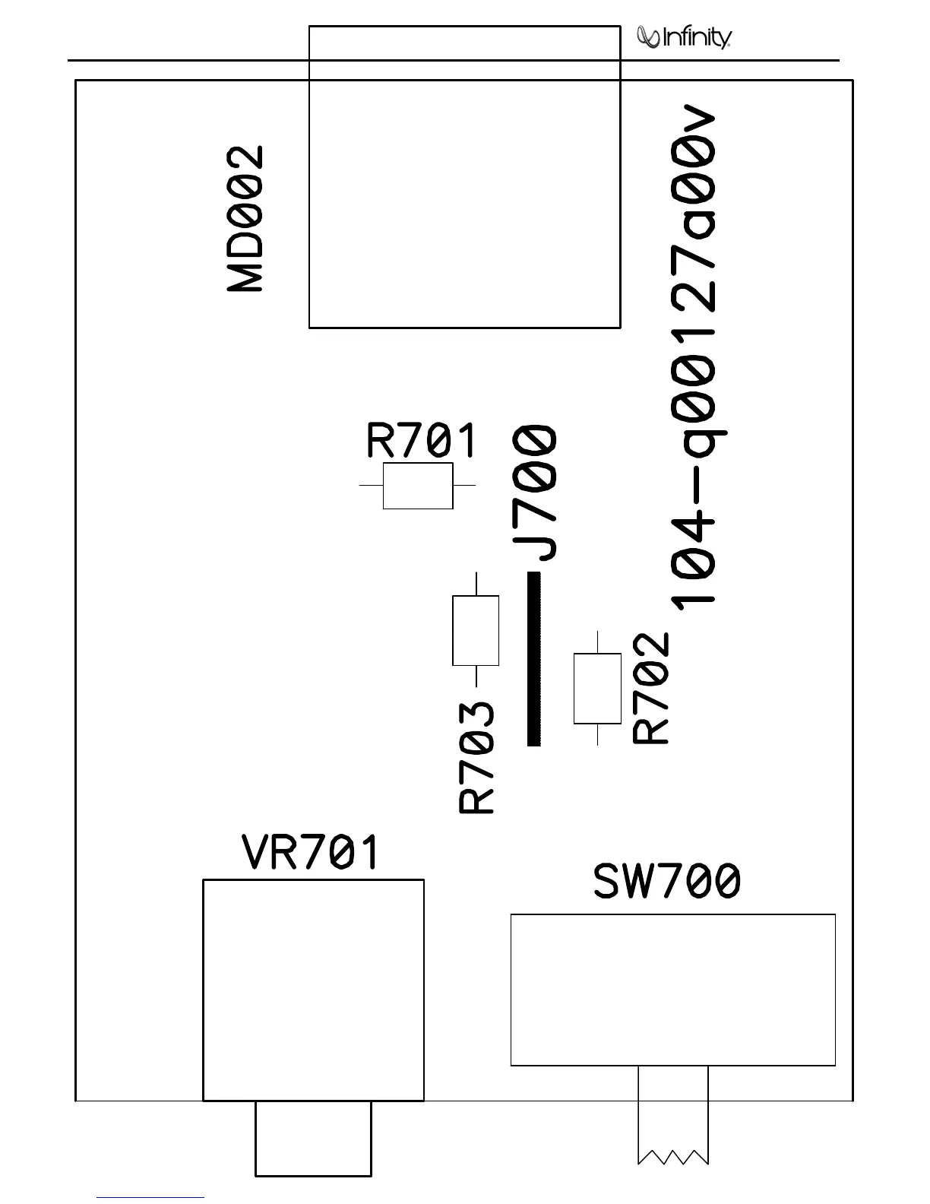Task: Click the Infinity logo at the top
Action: (x=685, y=37)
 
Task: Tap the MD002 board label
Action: (x=246, y=220)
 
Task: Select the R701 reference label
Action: (x=422, y=440)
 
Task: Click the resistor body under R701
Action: (x=418, y=486)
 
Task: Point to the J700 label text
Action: (x=536, y=493)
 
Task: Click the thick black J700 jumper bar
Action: (x=534, y=659)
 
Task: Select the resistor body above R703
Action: (x=476, y=630)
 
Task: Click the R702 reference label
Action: (x=652, y=689)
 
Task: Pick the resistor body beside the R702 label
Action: (x=597, y=688)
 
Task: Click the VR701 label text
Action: (x=310, y=853)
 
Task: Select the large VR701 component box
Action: (x=313, y=990)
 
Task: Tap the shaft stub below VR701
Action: (x=313, y=1138)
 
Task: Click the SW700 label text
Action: (x=666, y=882)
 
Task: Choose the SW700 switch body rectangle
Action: (x=672, y=990)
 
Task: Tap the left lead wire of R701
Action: (x=371, y=484)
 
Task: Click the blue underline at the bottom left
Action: (x=150, y=1198)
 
